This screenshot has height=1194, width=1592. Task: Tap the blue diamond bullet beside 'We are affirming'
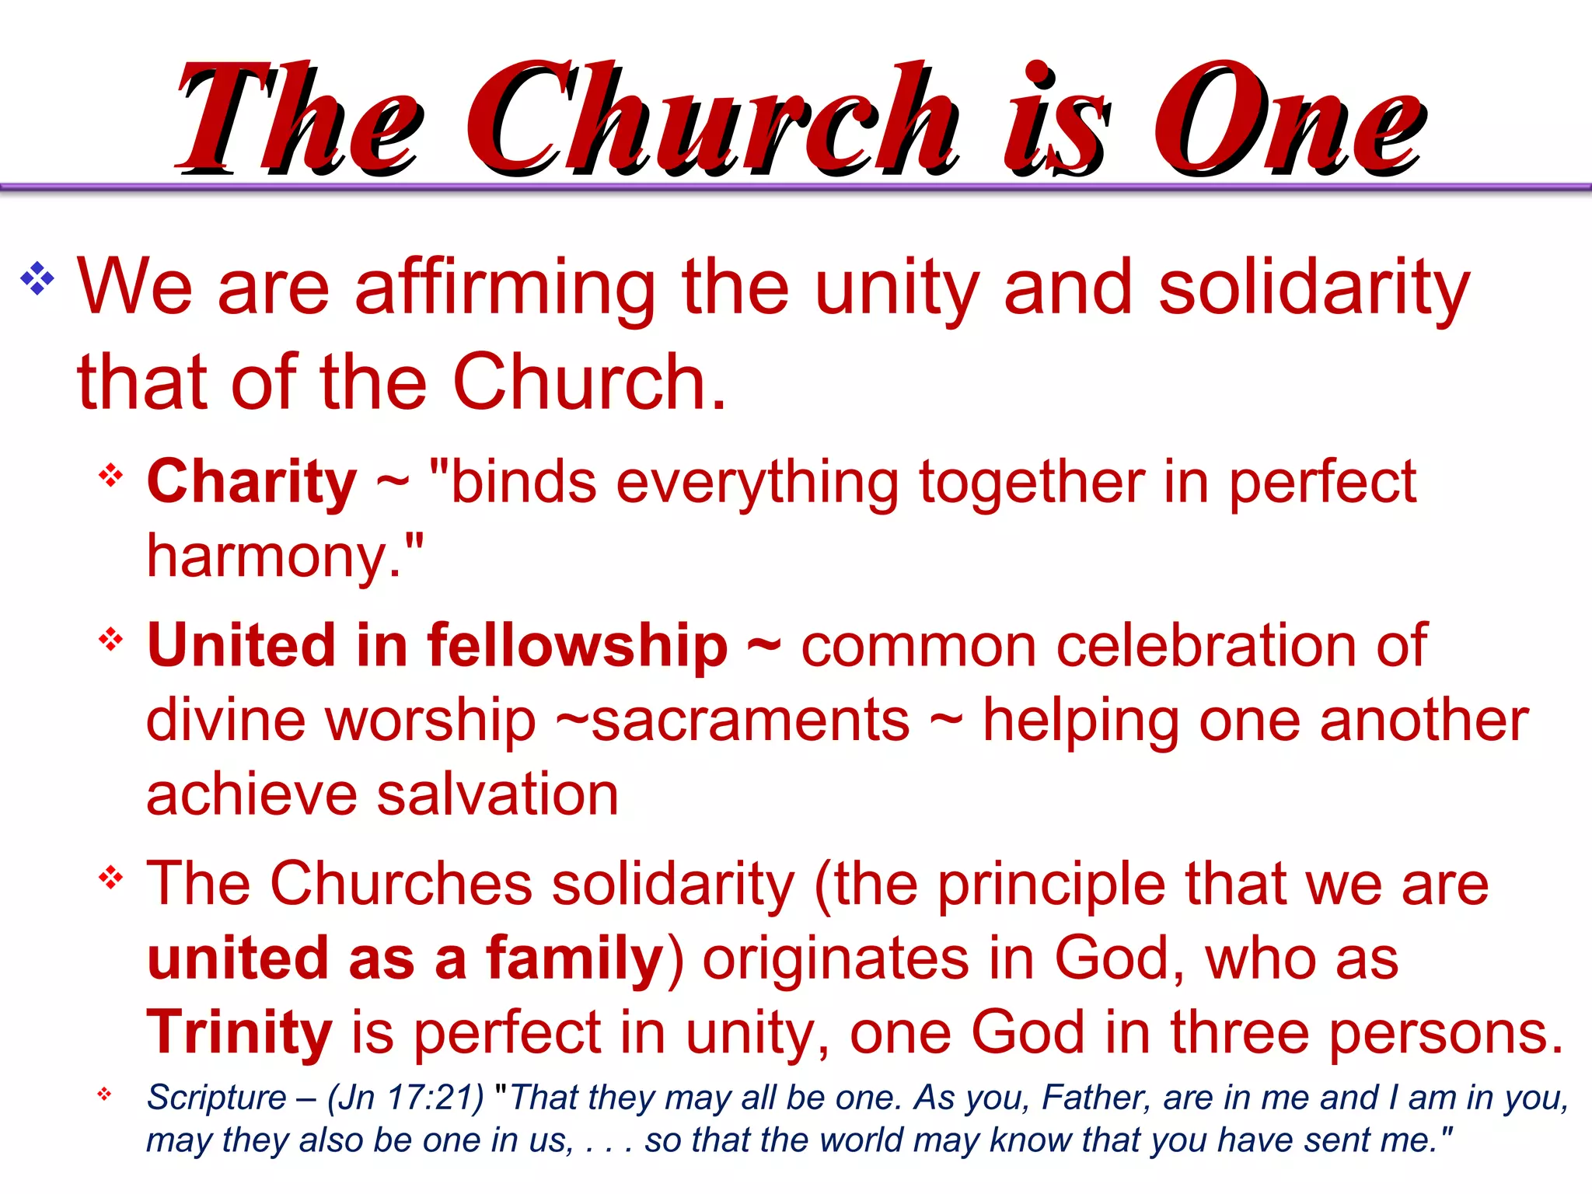[x=37, y=278]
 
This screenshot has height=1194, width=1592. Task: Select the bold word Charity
[x=251, y=481]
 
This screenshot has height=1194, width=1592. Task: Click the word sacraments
[x=750, y=720]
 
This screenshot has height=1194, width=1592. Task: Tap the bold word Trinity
[x=239, y=1032]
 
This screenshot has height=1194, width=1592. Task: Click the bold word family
[x=574, y=958]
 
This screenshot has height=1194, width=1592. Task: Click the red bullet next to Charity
[x=110, y=475]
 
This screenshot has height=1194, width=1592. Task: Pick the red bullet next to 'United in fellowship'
[x=110, y=639]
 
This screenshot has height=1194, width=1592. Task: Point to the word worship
[x=431, y=720]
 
